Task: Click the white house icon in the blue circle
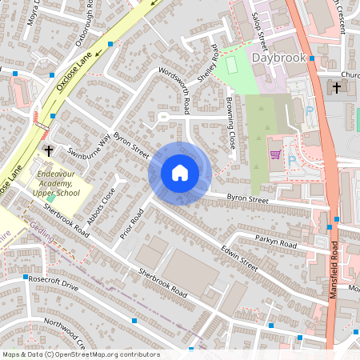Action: coord(179,172)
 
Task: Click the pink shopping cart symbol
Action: coord(276,153)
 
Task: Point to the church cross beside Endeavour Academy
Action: coord(49,150)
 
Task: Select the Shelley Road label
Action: coord(214,62)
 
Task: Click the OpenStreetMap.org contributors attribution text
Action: coord(108,354)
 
